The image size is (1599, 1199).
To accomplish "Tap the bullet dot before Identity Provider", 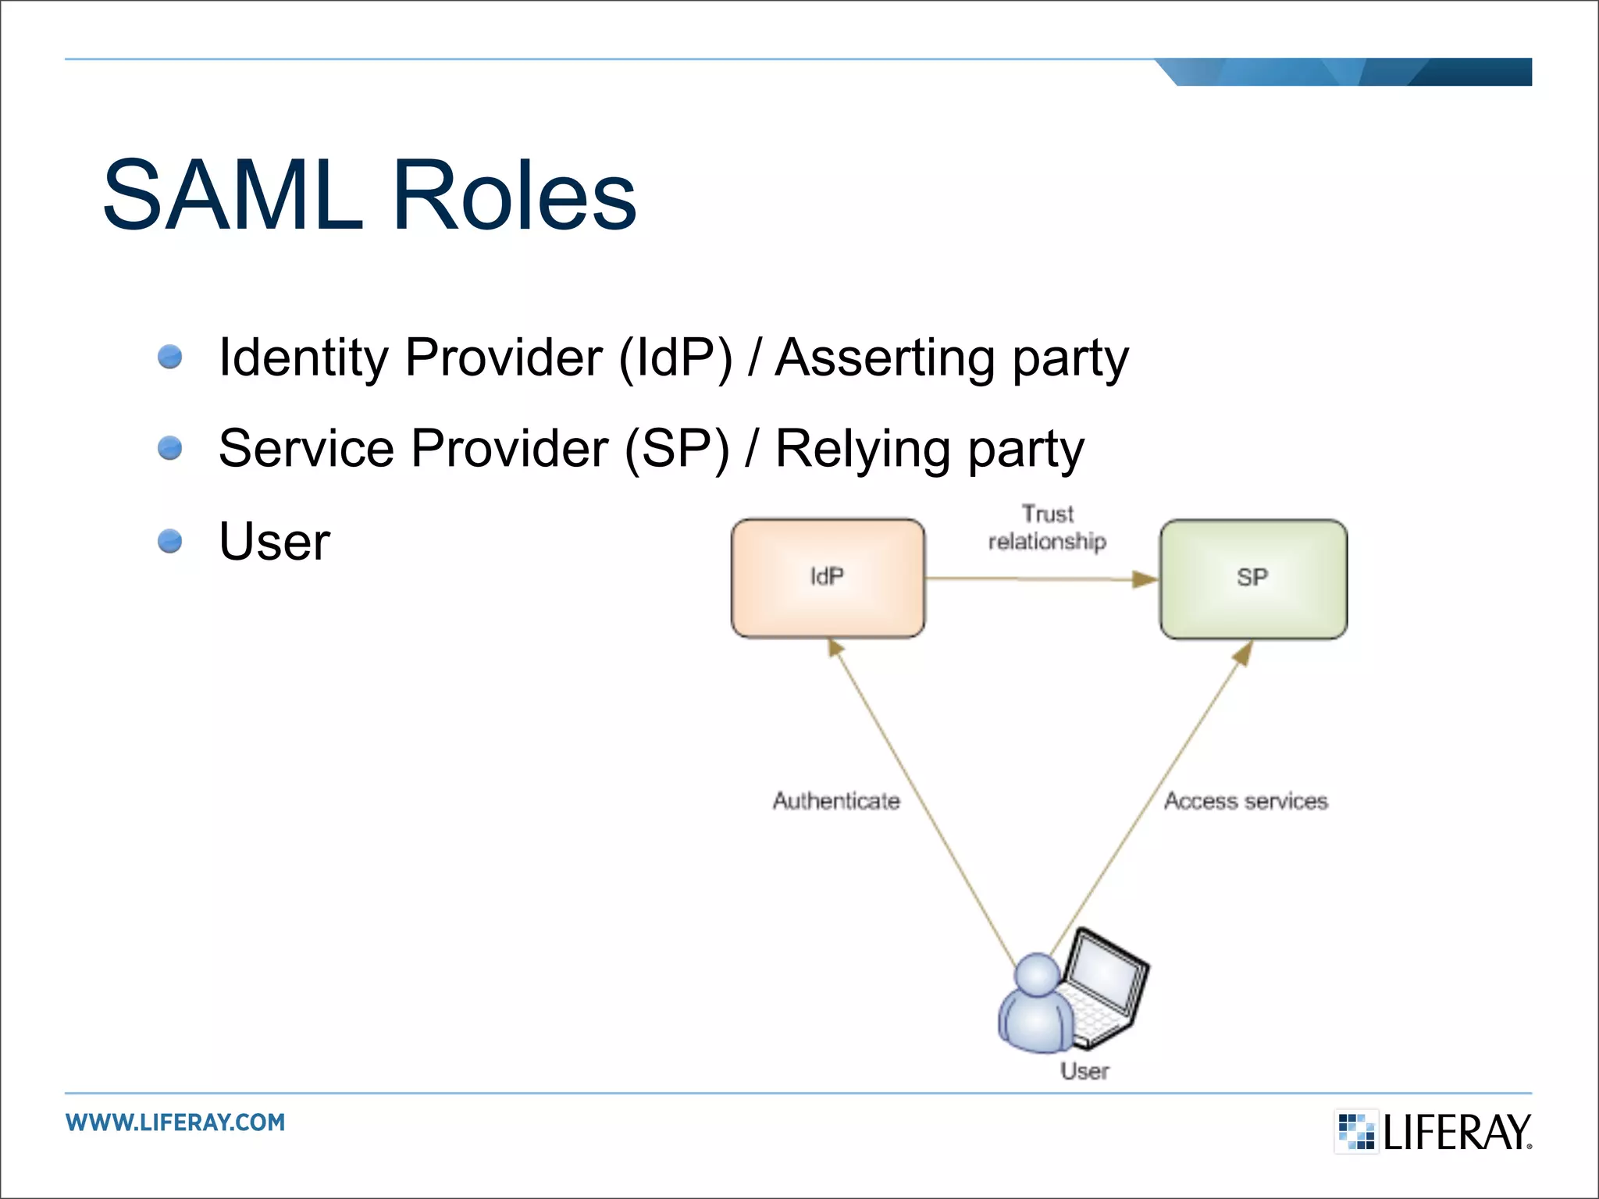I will (169, 357).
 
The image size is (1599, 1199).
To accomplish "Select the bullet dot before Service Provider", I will (169, 448).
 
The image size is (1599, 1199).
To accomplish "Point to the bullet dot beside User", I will (169, 540).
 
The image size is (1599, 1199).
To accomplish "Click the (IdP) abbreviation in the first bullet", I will (675, 358).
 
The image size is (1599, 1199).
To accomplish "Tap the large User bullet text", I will (274, 541).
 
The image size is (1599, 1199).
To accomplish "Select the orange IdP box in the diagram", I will (828, 578).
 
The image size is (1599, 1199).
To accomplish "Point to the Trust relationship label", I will (1047, 528).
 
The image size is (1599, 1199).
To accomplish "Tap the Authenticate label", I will (836, 801).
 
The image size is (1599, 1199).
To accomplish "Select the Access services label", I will (1245, 801).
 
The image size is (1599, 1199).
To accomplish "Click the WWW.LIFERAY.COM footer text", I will (176, 1123).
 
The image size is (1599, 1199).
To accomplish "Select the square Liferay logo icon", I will (1356, 1131).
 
